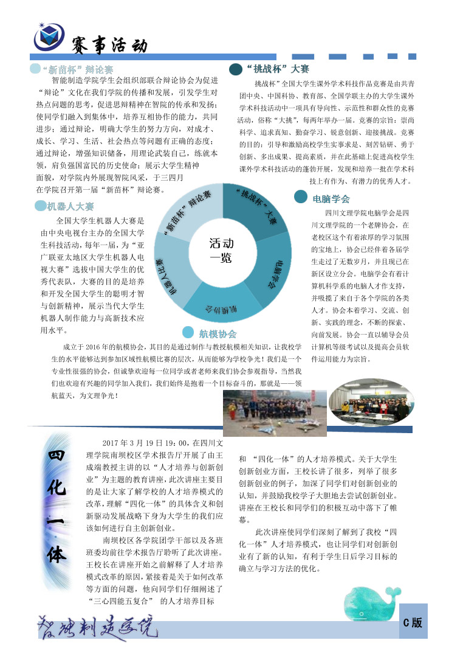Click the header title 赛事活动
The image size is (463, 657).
[x=109, y=45]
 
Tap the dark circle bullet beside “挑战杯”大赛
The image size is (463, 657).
[x=236, y=69]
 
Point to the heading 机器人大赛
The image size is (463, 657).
[x=70, y=206]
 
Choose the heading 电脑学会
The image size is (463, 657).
[x=331, y=198]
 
